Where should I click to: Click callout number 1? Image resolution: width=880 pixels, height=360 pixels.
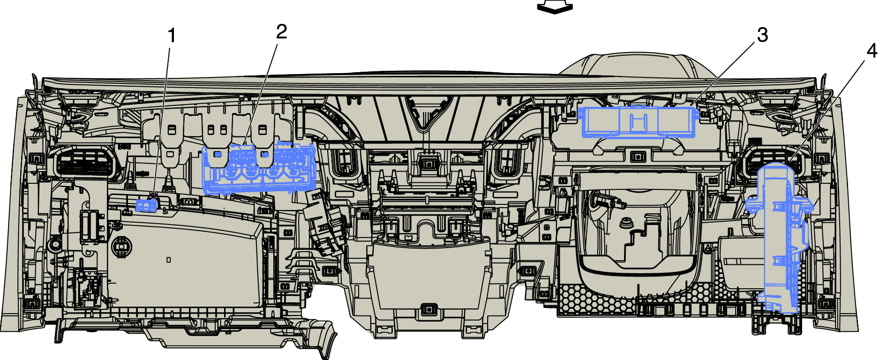click(x=172, y=36)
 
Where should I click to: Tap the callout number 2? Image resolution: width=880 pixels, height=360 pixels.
click(x=281, y=32)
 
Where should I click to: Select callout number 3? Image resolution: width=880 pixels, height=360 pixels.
click(x=762, y=35)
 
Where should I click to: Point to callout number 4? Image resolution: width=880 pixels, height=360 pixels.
click(x=872, y=51)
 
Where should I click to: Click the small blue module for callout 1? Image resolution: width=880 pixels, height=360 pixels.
click(x=146, y=205)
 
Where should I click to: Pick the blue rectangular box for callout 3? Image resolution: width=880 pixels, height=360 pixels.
click(x=638, y=122)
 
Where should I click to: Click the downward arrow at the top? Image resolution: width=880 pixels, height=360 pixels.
click(x=555, y=7)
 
